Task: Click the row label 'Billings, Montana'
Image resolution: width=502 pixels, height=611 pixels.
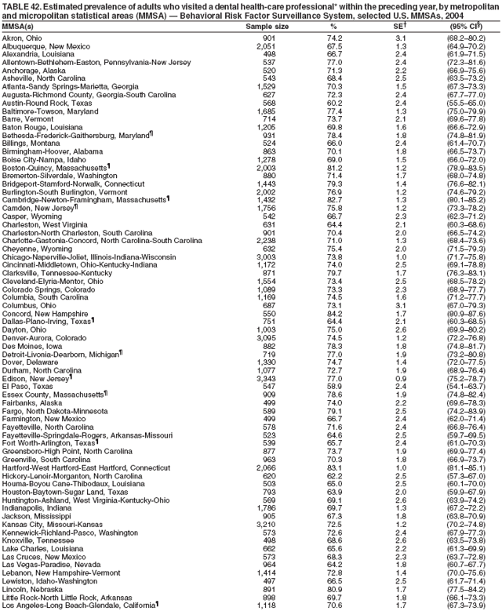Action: (31, 144)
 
